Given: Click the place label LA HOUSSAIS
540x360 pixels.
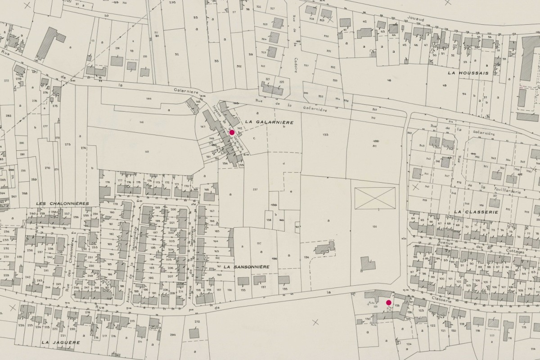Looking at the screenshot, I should (468, 72).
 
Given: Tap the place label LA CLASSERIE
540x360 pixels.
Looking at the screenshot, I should (476, 211).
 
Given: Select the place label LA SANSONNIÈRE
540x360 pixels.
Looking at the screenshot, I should (246, 267).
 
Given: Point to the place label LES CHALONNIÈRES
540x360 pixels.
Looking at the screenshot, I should (62, 203).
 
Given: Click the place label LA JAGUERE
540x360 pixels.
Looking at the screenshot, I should (60, 342).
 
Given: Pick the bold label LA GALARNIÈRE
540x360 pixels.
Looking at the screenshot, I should (269, 122).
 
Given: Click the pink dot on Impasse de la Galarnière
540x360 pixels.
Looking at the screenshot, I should (232, 132).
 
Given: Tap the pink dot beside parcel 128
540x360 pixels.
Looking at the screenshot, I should (389, 303).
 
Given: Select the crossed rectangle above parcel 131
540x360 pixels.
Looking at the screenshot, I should (375, 198).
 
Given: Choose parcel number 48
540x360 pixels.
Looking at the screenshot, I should (389, 81).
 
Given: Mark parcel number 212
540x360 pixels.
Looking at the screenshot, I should (197, 322).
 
